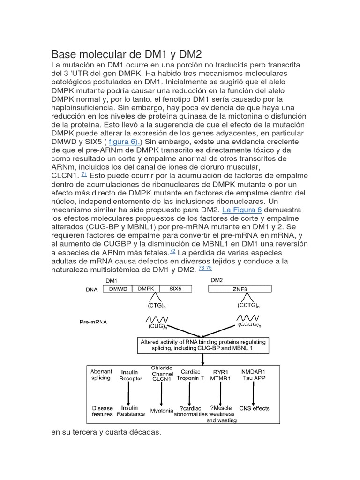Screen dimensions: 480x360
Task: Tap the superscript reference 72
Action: [173, 251]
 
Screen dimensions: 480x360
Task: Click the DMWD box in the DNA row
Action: [118, 289]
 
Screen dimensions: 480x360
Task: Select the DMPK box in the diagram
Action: [146, 289]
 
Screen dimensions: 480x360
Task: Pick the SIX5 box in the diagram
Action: [175, 289]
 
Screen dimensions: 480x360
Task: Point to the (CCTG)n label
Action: [248, 306]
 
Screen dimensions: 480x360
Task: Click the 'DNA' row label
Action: [91, 289]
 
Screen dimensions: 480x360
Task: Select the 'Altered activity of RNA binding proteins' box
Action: [203, 345]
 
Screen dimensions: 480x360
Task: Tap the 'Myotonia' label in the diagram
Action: [162, 410]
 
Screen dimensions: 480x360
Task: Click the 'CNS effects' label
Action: [254, 408]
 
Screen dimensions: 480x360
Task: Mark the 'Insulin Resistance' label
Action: [130, 411]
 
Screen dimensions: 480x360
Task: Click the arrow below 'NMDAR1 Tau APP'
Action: [254, 391]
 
